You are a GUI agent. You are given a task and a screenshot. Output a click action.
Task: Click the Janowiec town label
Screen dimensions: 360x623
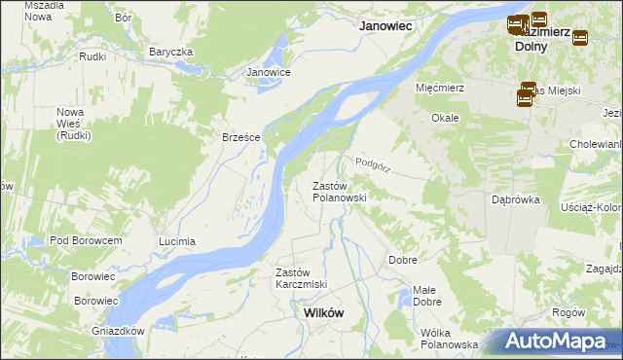pos(388,27)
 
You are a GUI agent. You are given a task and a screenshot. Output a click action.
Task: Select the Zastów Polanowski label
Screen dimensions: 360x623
pos(339,191)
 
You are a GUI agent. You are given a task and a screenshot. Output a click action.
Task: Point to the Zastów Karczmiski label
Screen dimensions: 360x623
pos(301,277)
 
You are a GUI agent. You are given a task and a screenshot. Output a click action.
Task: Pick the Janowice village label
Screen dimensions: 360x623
pos(269,72)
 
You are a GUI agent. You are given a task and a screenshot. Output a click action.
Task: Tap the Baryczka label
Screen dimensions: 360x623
pos(171,52)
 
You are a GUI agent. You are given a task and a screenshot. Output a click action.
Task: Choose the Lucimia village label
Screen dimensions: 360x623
pos(177,240)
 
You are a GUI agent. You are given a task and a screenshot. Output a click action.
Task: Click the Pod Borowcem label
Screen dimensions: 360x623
pos(86,239)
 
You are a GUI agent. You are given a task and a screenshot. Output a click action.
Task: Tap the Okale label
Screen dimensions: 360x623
pos(446,117)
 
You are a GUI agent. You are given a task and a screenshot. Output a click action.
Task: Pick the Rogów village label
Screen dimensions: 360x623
pos(568,312)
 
